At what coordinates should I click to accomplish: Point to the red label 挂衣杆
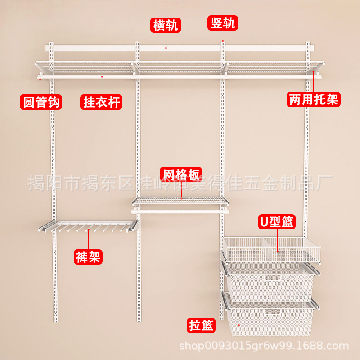tap(102, 102)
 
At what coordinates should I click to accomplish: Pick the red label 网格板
tap(181, 174)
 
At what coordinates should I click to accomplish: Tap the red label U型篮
tap(276, 222)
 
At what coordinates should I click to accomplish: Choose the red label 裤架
tap(88, 257)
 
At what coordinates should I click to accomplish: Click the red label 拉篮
tap(201, 325)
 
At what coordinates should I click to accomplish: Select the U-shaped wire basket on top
tap(272, 250)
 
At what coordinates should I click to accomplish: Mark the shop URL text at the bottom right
tap(264, 346)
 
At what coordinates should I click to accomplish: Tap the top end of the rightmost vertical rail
tap(308, 44)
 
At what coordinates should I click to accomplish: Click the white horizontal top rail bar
tap(180, 47)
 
